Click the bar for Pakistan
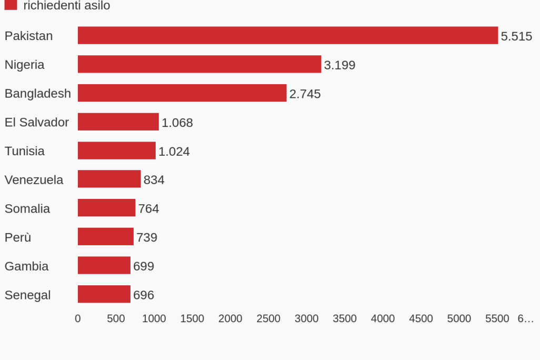click(287, 35)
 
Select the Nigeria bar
click(199, 64)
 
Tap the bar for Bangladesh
click(182, 93)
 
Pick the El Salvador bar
click(118, 122)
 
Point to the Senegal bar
click(104, 294)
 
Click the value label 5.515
click(516, 36)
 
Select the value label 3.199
click(339, 65)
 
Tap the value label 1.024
click(174, 152)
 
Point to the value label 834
click(154, 180)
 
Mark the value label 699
click(143, 266)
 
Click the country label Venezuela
click(34, 179)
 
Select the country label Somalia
click(27, 208)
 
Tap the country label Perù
click(18, 237)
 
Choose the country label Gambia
click(26, 266)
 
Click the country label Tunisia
click(25, 151)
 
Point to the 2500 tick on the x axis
click(268, 318)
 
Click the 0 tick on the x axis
click(78, 318)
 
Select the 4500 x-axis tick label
click(421, 318)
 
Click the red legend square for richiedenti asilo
click(11, 5)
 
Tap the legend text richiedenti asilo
click(67, 5)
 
